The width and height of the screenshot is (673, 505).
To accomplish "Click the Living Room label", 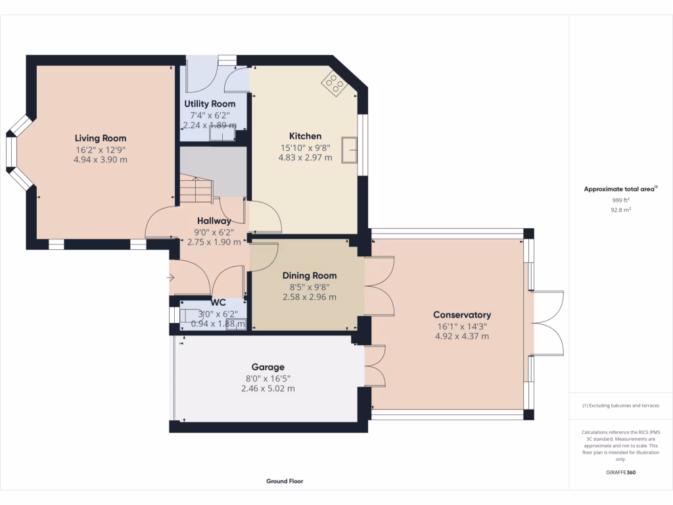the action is pos(101,138).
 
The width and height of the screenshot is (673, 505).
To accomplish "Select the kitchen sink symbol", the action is pos(350,151).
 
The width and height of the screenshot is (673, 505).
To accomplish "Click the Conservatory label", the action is pos(462,315).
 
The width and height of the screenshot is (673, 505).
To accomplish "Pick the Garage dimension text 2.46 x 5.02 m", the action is pos(268,389).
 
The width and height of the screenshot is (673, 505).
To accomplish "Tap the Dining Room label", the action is pos(310,276).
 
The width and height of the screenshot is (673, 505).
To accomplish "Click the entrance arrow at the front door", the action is pos(170,278).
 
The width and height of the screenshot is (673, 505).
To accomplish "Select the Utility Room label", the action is pos(210,104).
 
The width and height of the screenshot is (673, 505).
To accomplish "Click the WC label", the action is pos(218,302).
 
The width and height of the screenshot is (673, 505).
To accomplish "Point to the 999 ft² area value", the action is pos(620,200).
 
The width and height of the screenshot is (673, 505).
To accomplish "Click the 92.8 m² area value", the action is pos(620,210).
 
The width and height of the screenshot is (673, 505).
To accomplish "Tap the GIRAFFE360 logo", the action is pos(620,472).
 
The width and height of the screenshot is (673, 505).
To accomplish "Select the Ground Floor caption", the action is pos(285,481).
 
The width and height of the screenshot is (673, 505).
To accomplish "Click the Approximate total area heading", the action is pos(620,189).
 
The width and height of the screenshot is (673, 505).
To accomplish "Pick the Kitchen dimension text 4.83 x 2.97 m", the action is pos(305,158).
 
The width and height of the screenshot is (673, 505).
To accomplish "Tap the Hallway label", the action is pos(214,221).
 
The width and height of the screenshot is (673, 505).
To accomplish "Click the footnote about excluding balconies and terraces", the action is pos(620,405).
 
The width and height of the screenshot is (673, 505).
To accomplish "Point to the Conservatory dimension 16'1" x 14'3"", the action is pos(462,327).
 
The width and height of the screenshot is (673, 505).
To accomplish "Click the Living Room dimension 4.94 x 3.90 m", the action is pos(101,160).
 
